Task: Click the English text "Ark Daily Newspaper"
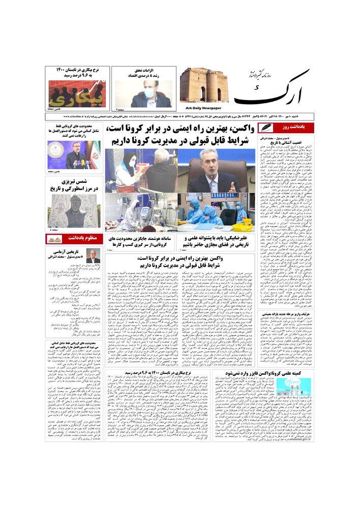click(x=200, y=108)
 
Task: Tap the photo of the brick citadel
click(x=203, y=85)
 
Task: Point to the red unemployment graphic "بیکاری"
click(x=76, y=93)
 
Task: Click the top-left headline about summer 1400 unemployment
click(x=76, y=72)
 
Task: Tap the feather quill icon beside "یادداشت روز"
click(x=265, y=128)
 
